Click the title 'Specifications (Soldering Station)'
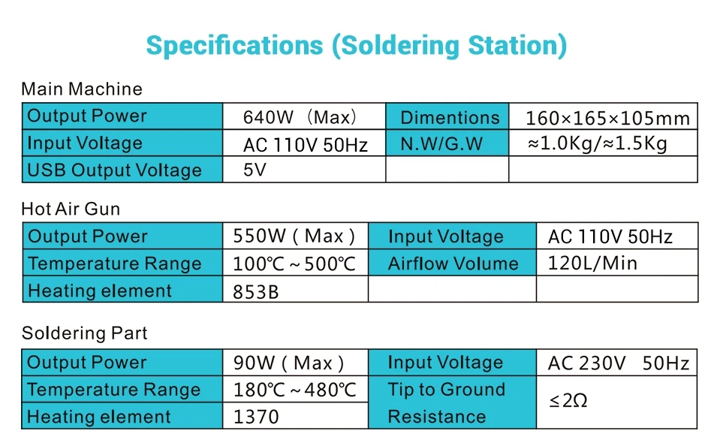point(357,47)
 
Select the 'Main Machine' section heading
point(82,89)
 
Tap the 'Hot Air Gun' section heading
point(71,209)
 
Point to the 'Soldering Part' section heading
point(84,333)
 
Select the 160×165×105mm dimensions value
point(607,119)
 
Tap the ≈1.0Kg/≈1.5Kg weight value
point(598,143)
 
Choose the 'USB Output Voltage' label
point(114,170)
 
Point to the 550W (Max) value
point(294,237)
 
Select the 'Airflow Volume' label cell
point(453,264)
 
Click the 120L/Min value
point(592,263)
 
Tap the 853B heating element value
point(256,292)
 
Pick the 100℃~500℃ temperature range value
point(294,264)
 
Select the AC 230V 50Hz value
point(619,363)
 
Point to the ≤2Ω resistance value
point(568,400)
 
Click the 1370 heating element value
point(256,417)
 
